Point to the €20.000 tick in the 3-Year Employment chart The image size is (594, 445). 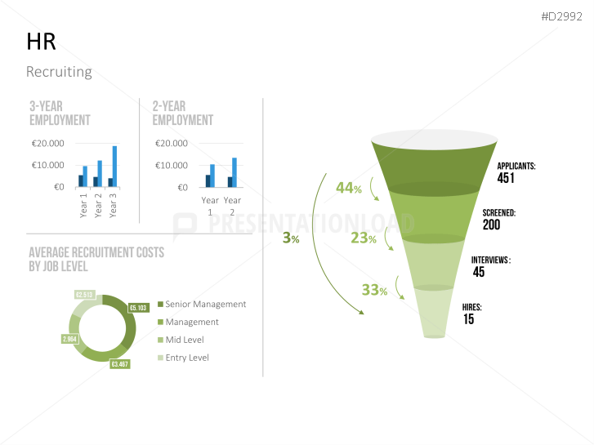(x=48, y=144)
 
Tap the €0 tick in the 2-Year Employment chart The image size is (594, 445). (x=181, y=187)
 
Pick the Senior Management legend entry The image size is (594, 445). (x=204, y=304)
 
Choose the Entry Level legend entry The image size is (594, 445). (x=186, y=358)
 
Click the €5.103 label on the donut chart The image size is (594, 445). (x=138, y=308)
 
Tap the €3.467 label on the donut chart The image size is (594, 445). (x=120, y=364)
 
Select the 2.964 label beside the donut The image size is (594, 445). (x=69, y=338)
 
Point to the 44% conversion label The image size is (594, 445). (x=348, y=188)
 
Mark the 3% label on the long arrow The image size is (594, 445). (x=291, y=238)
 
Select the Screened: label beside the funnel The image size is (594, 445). (x=498, y=212)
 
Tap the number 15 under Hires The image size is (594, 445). (x=469, y=319)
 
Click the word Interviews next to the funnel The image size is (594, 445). (x=489, y=260)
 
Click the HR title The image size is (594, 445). (x=41, y=42)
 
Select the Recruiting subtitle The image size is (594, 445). (x=59, y=72)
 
